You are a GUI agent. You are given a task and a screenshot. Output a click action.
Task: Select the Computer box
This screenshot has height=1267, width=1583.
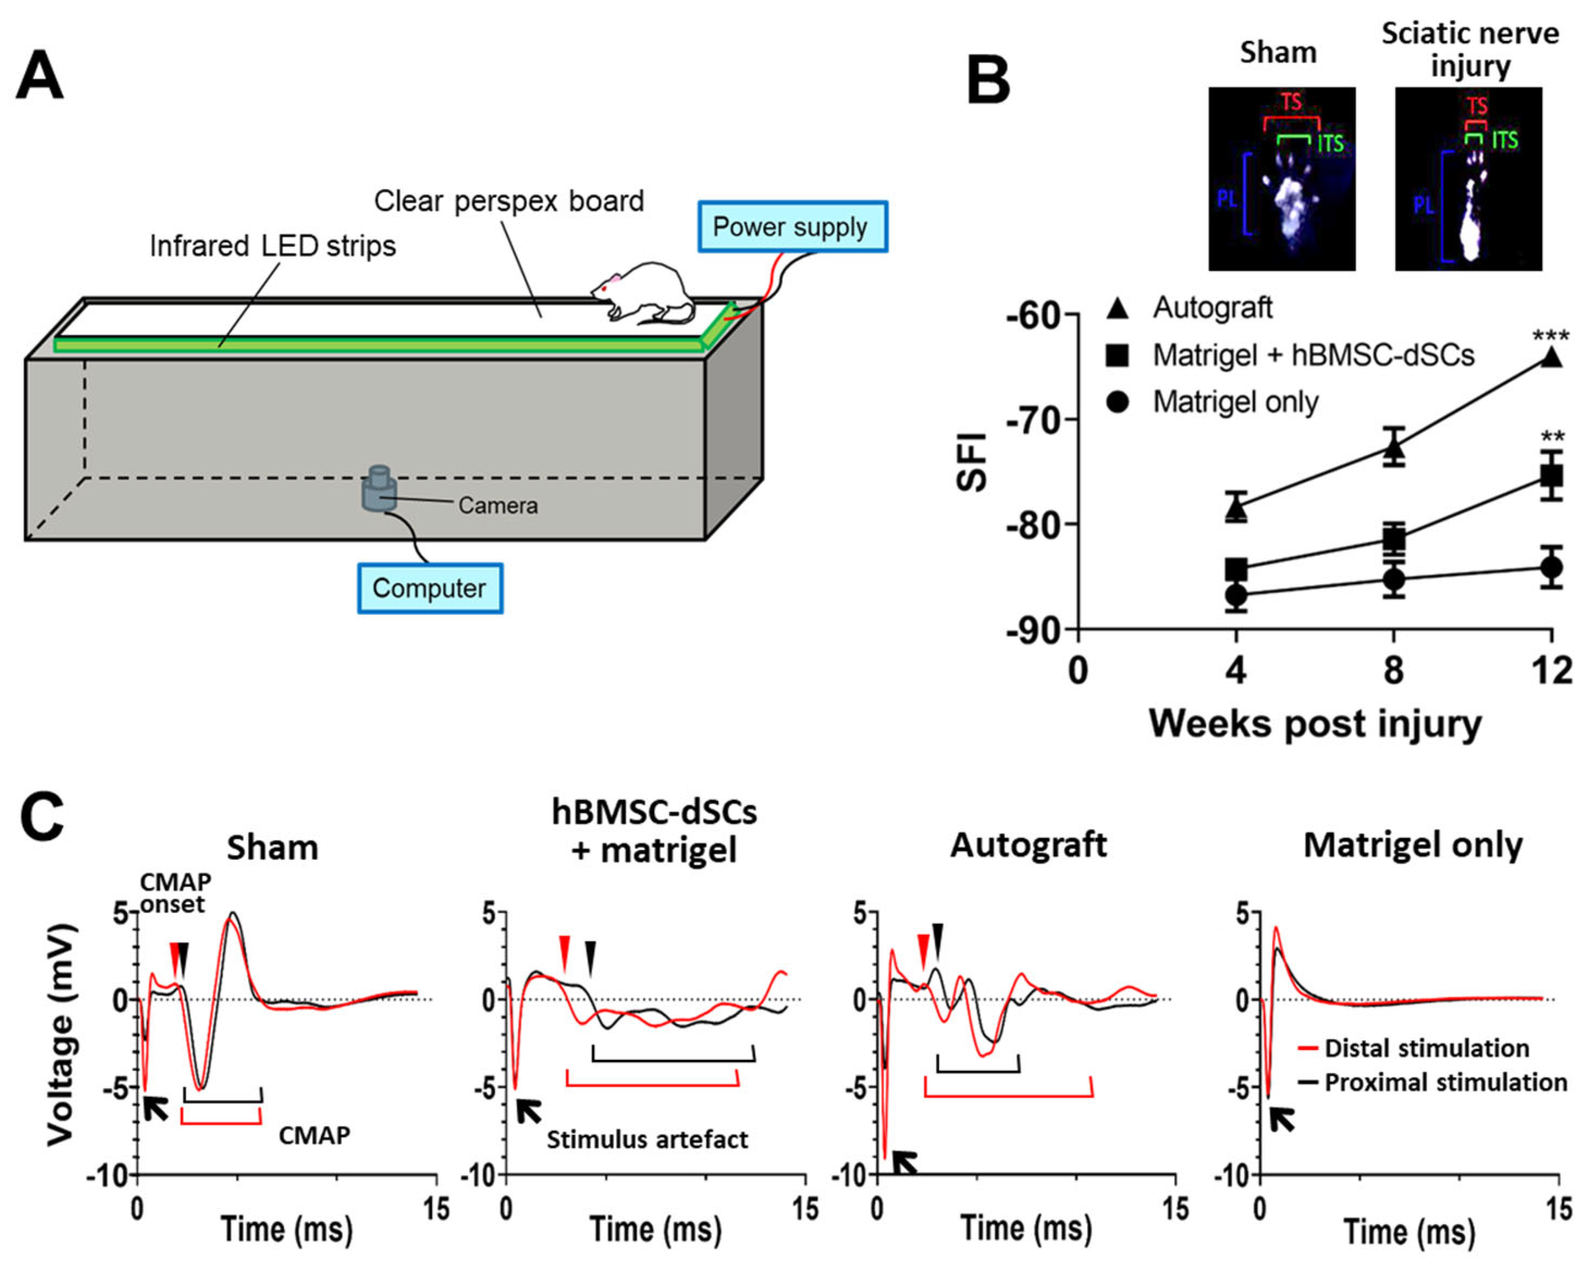pos(430,588)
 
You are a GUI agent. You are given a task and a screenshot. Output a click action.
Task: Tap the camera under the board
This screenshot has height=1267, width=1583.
pos(379,488)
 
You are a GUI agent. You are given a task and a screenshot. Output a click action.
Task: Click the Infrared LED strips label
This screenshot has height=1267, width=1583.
pos(272,246)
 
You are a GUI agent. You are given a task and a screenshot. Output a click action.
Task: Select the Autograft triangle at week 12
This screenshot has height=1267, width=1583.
pos(1551,358)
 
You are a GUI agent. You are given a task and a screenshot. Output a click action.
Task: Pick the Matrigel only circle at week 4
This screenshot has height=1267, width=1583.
pos(1237,594)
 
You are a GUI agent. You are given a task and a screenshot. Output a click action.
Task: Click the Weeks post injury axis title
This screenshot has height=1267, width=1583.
pos(1315,724)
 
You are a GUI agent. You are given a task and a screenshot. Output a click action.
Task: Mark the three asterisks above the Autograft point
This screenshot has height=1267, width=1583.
pos(1551,337)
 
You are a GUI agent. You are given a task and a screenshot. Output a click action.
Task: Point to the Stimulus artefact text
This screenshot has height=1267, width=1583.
pos(647,1139)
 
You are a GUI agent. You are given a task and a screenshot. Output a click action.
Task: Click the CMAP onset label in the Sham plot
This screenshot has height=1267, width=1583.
pos(175,893)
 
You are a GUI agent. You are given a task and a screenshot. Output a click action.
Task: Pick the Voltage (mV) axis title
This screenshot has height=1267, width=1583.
pos(62,1036)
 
